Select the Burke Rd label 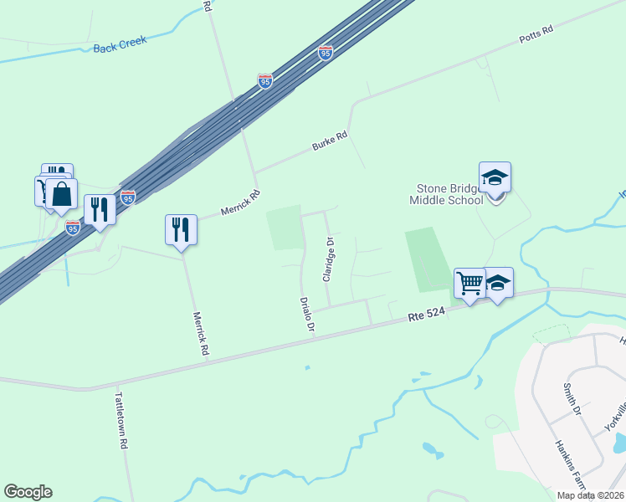pos(329,140)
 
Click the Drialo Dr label pos(308,314)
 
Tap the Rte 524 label pos(428,316)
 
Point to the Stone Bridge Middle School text pos(446,194)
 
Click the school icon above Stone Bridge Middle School pos(495,177)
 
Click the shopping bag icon pos(62,194)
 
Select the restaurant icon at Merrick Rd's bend pos(182,229)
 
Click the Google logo pos(28,491)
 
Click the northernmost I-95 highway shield pos(326,53)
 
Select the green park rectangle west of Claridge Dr pos(284,227)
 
